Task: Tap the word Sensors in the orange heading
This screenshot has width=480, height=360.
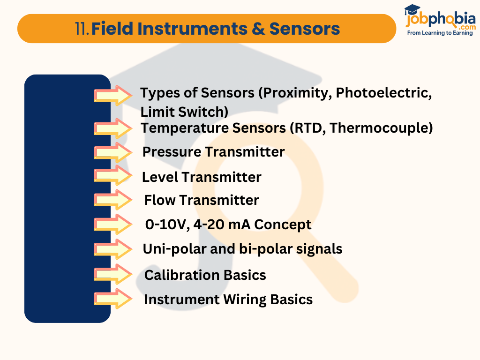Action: tap(304, 29)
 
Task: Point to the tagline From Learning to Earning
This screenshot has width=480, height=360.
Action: tap(440, 33)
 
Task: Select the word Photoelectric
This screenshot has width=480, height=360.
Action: tap(383, 93)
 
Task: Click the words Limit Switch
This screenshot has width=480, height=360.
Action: tap(184, 112)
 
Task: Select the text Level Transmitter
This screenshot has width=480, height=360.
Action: tap(202, 177)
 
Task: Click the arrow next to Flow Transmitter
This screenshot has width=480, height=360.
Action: tap(113, 200)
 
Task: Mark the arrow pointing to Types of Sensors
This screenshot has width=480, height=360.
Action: tap(113, 95)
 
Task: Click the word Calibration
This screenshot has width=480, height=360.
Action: tap(182, 275)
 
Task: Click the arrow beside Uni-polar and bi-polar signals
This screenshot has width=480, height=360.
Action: tap(113, 249)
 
